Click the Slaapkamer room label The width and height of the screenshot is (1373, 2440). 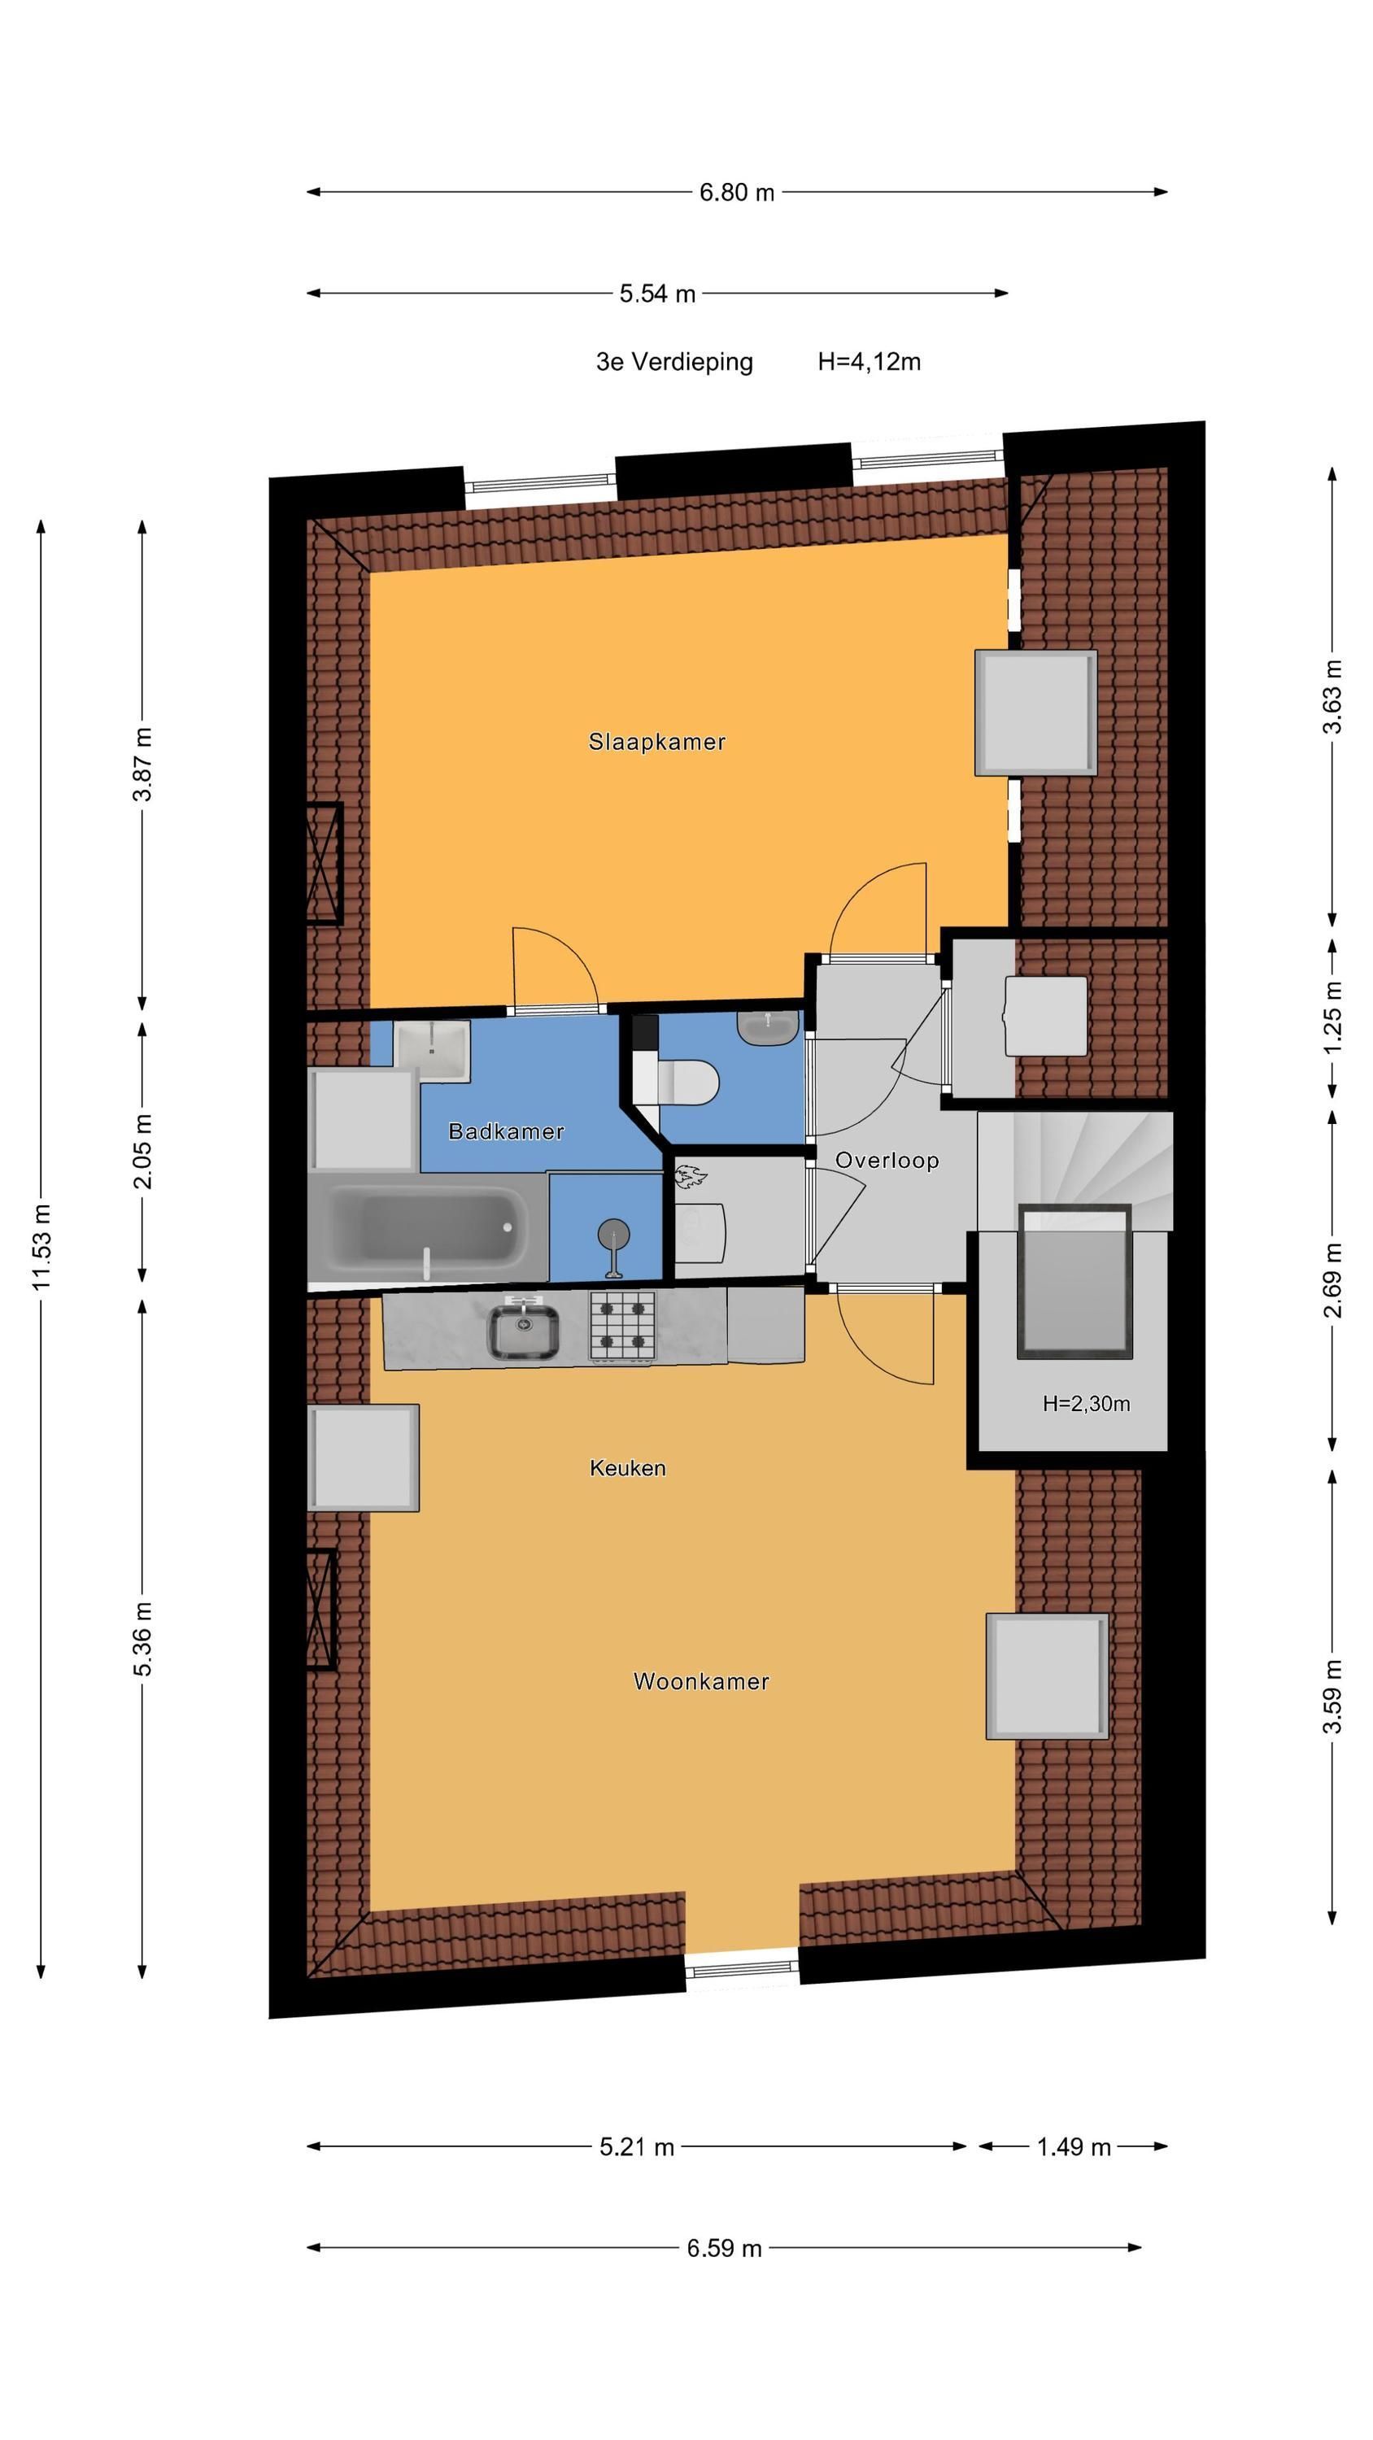(x=656, y=742)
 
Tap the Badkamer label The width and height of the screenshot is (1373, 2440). (x=506, y=1131)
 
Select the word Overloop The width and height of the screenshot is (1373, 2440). (x=887, y=1161)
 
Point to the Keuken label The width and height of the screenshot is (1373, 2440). (x=627, y=1468)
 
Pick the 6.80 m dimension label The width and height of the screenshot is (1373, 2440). (x=737, y=192)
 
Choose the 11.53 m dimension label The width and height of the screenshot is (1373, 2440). (x=41, y=1247)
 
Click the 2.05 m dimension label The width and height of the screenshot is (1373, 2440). (x=142, y=1151)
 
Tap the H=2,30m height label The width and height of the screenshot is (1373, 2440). (x=1086, y=1404)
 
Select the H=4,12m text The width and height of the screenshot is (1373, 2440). (x=869, y=362)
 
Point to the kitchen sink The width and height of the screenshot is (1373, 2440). (x=523, y=1331)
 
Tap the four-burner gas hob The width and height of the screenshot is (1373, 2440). (x=622, y=1326)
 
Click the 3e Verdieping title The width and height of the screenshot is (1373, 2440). (x=674, y=362)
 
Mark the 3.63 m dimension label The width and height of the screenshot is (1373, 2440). (x=1332, y=696)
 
